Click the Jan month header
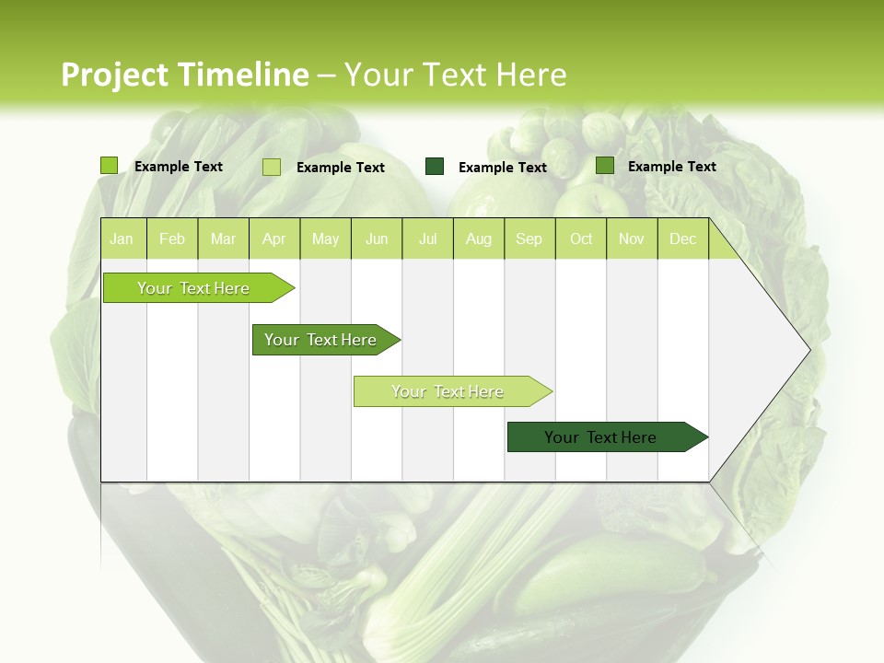point(122,238)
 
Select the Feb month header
point(172,238)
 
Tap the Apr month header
point(273,238)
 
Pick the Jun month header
point(377,238)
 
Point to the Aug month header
point(478,238)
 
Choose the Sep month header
point(529,238)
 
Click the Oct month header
point(581,238)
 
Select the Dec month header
point(682,238)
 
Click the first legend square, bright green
point(109,166)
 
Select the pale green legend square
point(272,167)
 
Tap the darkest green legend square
point(435,167)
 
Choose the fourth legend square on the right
point(605,166)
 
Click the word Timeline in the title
point(241,75)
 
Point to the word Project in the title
point(113,75)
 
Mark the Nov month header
point(631,238)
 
